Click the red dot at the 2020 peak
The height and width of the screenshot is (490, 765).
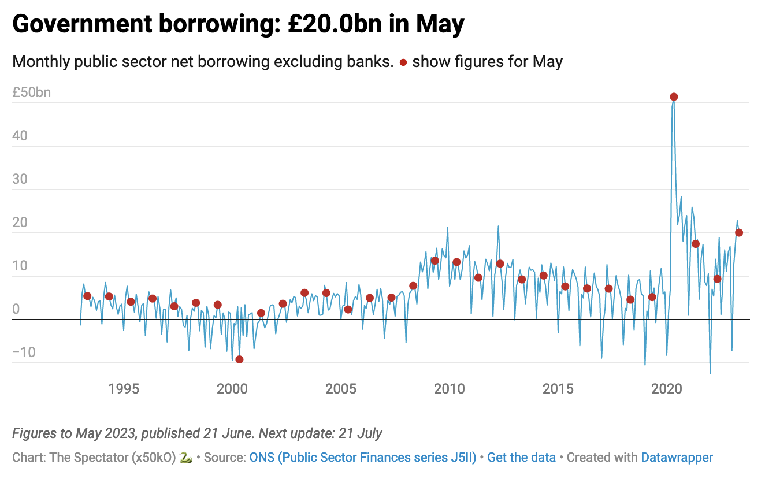(673, 97)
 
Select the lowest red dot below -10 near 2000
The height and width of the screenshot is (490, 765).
(239, 359)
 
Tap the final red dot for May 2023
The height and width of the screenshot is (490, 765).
(738, 232)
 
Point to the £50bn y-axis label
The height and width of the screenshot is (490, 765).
(32, 92)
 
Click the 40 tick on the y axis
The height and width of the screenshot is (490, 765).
(20, 136)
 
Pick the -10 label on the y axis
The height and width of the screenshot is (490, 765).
(24, 352)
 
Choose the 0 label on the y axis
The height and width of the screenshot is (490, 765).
(16, 309)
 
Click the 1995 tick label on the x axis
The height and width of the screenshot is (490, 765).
(124, 388)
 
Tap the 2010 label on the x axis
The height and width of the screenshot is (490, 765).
(450, 388)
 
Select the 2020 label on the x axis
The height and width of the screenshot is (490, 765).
(667, 388)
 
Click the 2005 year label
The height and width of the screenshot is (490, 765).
(341, 388)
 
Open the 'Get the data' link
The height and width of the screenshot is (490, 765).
(521, 458)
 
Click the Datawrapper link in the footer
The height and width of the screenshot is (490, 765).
(677, 458)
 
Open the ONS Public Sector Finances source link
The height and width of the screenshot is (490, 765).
(362, 458)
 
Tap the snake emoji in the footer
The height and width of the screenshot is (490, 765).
(185, 458)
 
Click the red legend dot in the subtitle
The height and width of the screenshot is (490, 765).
(403, 62)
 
